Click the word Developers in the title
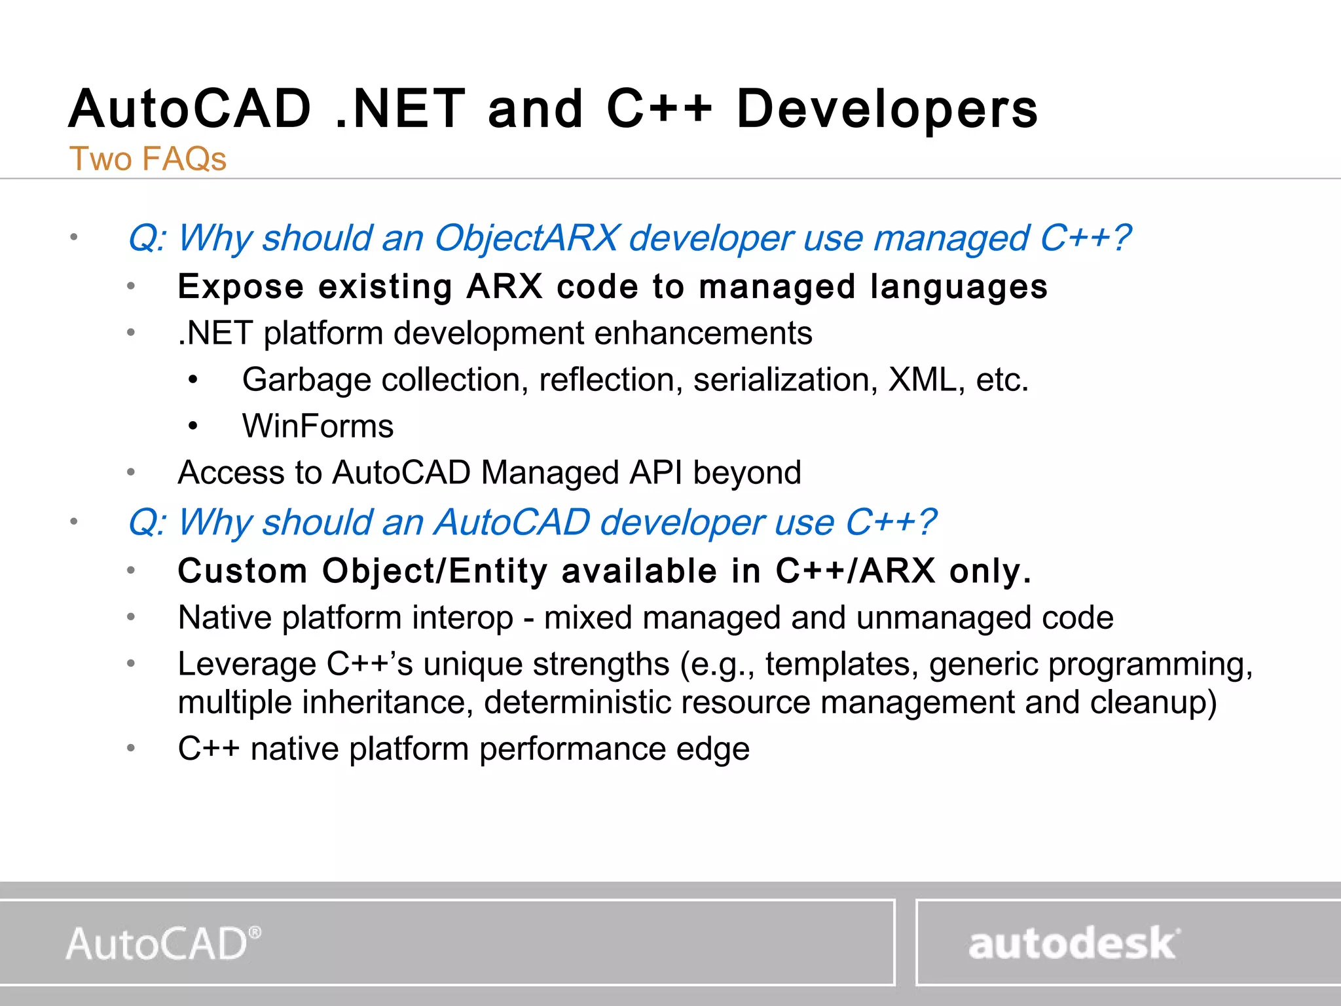tap(887, 109)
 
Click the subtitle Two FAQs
tap(148, 158)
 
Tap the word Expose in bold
tap(240, 287)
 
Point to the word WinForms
tap(318, 426)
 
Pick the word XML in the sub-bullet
tap(921, 380)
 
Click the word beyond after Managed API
tap(747, 473)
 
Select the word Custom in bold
tap(242, 571)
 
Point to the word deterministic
tap(578, 703)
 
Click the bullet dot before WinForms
tap(193, 426)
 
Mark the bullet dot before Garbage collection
tap(193, 380)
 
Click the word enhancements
tap(703, 333)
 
